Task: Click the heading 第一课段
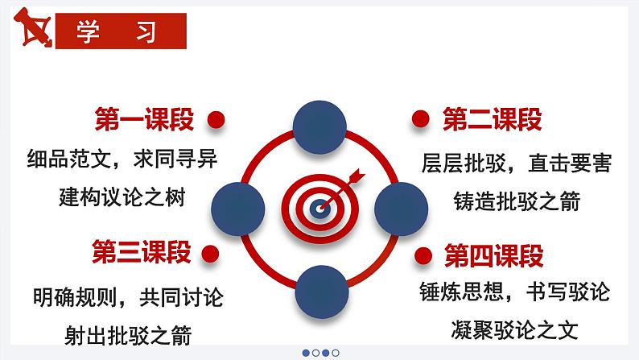pyautogui.click(x=144, y=120)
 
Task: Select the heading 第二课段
pyautogui.click(x=493, y=120)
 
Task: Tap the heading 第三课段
pyautogui.click(x=142, y=252)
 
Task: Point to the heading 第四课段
pyautogui.click(x=494, y=257)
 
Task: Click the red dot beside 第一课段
pyautogui.click(x=214, y=120)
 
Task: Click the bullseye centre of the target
pyautogui.click(x=320, y=208)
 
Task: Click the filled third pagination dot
pyautogui.click(x=326, y=352)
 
